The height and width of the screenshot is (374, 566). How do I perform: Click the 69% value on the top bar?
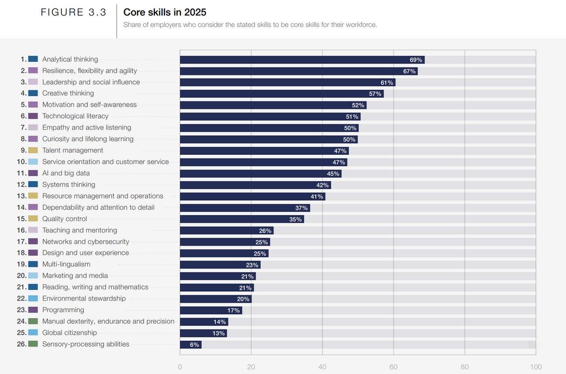(x=416, y=60)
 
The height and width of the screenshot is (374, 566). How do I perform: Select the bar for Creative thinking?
(x=281, y=94)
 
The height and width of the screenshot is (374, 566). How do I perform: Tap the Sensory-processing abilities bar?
(x=190, y=345)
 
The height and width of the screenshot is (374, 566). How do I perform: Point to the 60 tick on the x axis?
(x=394, y=367)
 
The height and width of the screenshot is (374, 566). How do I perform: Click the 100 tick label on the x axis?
(x=535, y=367)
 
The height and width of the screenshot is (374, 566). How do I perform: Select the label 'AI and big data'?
(x=66, y=173)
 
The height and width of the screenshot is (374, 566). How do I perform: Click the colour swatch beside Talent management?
(x=33, y=151)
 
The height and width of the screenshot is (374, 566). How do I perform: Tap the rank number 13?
(x=22, y=196)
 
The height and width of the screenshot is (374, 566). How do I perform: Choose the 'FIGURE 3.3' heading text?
(x=74, y=13)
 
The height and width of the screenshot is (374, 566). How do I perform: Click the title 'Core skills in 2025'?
(x=165, y=12)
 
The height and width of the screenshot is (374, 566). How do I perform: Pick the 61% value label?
(x=387, y=83)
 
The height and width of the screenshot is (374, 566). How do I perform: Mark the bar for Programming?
(x=211, y=311)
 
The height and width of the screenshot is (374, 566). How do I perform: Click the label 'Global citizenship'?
(x=69, y=333)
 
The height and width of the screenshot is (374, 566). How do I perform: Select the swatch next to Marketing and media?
(x=33, y=276)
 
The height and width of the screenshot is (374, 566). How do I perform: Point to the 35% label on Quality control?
(x=295, y=220)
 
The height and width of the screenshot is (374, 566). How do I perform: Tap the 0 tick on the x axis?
(x=180, y=367)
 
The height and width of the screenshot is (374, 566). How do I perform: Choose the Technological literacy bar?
(x=270, y=117)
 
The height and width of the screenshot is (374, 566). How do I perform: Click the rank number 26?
(x=22, y=344)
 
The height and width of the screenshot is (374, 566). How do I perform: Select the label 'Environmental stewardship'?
(x=84, y=298)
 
